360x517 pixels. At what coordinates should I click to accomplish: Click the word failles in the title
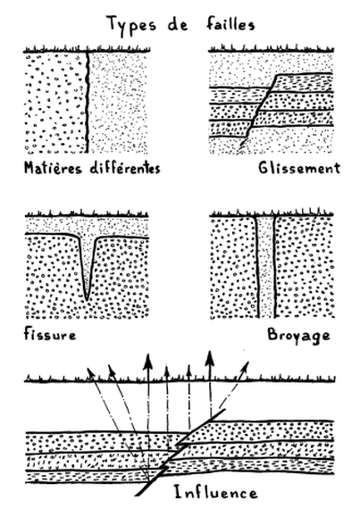click(x=230, y=24)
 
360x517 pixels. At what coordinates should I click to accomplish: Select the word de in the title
click(x=178, y=25)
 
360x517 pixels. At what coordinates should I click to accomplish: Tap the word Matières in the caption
click(x=53, y=168)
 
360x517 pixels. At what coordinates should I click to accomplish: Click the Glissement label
click(x=299, y=168)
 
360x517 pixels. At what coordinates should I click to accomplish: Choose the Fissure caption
click(x=50, y=334)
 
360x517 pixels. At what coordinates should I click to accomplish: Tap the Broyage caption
click(x=299, y=336)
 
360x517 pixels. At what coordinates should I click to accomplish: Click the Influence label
click(x=215, y=493)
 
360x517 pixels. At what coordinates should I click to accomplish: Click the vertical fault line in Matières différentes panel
click(x=88, y=102)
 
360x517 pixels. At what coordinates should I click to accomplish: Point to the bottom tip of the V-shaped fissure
click(x=87, y=299)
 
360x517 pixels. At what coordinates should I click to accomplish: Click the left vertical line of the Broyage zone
click(x=257, y=266)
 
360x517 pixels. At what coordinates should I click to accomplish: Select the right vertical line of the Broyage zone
click(x=274, y=266)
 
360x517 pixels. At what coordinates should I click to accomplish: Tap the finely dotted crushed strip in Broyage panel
click(x=266, y=266)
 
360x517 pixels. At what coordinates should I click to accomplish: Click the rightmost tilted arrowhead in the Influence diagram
click(x=245, y=366)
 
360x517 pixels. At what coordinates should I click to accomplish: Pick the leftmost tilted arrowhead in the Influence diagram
click(x=90, y=372)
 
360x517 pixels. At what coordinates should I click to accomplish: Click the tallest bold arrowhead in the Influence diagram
click(x=209, y=358)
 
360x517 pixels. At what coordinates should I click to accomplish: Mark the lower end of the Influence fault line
click(x=136, y=495)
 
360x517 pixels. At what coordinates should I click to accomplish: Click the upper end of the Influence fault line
click(x=225, y=410)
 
